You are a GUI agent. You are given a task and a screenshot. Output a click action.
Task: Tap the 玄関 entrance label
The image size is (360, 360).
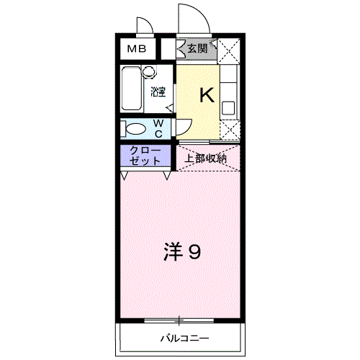[x=197, y=49]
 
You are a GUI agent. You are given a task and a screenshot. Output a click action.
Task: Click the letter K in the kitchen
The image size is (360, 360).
[x=206, y=94]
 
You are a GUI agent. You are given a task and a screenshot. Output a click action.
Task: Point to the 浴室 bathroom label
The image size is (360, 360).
[x=158, y=91]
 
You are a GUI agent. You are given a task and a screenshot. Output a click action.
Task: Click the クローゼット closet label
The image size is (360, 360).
[x=145, y=156]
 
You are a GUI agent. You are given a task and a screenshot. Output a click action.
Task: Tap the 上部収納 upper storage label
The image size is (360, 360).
[x=207, y=158]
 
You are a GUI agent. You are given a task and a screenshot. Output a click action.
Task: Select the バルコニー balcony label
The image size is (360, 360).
[x=184, y=338]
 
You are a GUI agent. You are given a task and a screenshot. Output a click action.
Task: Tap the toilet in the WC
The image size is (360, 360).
[x=135, y=130]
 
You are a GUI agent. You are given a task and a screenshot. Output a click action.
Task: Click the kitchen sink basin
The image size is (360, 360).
[x=228, y=108]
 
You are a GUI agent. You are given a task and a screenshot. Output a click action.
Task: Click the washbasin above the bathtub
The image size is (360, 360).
[x=148, y=72]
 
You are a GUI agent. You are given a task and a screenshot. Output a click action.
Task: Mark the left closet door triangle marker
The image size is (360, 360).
[x=125, y=175]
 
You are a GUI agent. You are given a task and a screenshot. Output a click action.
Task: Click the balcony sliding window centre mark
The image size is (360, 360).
[x=181, y=320]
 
